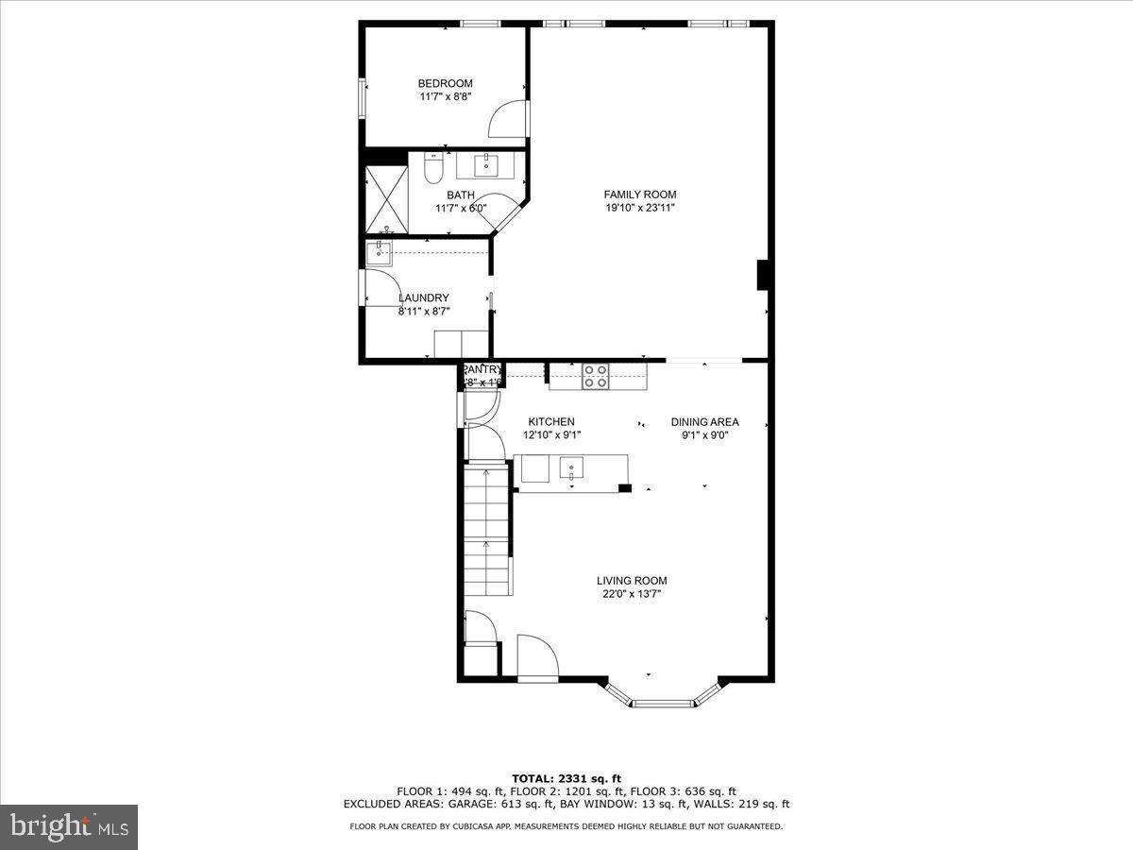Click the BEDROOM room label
point(445,83)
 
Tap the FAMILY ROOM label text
point(640,195)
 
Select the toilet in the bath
point(433,169)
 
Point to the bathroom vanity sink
point(489,165)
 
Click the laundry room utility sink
point(379,252)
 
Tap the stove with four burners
point(595,376)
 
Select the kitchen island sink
point(572,467)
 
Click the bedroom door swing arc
point(506,117)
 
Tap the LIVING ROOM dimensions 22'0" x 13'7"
point(632,594)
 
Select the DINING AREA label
point(704,422)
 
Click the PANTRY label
point(482,369)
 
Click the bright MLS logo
point(68,826)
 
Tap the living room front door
point(537,656)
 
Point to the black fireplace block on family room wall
point(765,275)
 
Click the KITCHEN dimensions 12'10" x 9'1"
point(551,435)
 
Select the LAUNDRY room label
point(423,297)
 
